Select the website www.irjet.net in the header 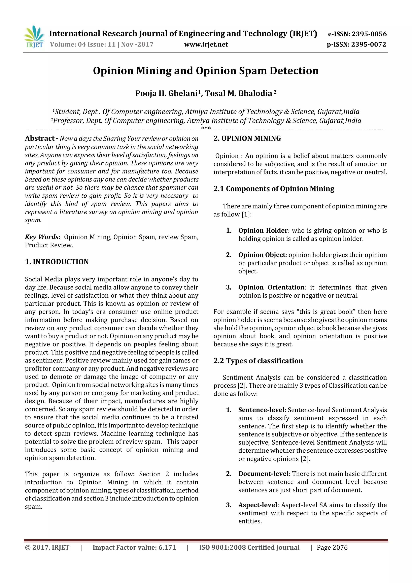(206, 44)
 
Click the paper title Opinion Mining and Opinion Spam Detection (206, 71)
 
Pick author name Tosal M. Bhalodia (238, 93)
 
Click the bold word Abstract (40, 138)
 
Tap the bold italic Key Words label (42, 237)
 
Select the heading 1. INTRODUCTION (57, 262)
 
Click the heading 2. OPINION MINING (247, 138)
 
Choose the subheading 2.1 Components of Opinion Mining (274, 189)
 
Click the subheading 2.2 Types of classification (258, 361)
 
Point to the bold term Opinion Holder (263, 231)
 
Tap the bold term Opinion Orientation (271, 287)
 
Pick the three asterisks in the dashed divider (206, 128)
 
